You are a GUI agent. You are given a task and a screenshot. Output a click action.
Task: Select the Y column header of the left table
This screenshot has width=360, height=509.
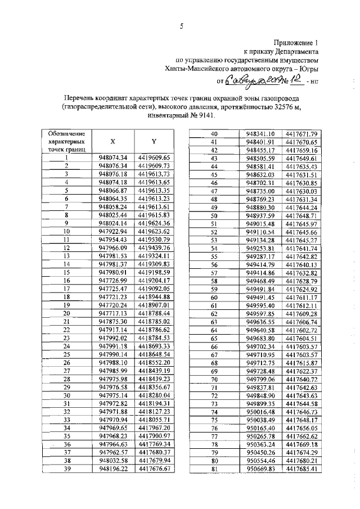tap(152, 142)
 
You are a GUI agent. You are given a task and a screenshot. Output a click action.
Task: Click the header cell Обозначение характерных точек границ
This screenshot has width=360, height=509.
tap(66, 142)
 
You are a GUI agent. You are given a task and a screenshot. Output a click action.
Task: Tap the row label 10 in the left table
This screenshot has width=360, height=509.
tap(66, 231)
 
